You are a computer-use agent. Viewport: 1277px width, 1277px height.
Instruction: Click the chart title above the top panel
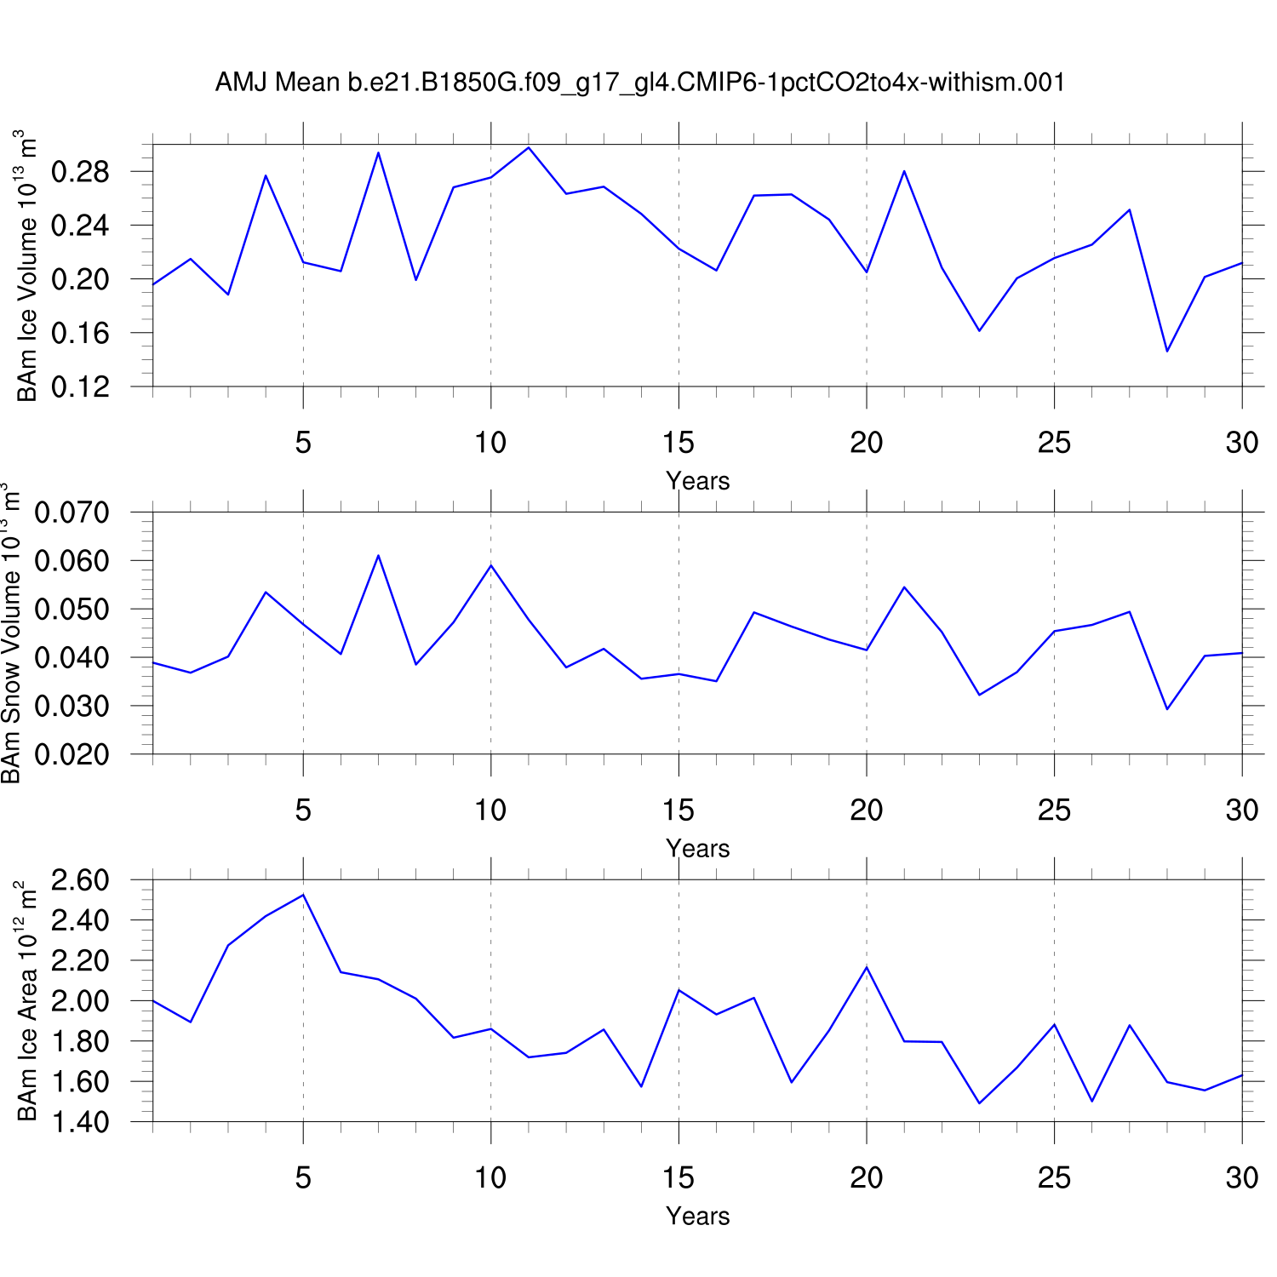pyautogui.click(x=639, y=83)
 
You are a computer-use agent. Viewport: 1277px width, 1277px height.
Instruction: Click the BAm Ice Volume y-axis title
pyautogui.click(x=27, y=266)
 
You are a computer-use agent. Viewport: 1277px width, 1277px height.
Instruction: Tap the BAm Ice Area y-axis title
pyautogui.click(x=27, y=1000)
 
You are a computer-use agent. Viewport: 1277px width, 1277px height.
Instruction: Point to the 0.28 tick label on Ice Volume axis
pyautogui.click(x=80, y=172)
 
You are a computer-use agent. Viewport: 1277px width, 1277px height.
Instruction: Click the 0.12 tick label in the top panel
pyautogui.click(x=80, y=387)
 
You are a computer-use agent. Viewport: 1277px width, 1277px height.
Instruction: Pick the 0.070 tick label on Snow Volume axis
pyautogui.click(x=72, y=513)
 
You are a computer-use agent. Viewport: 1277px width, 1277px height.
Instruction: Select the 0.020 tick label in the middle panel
pyautogui.click(x=72, y=754)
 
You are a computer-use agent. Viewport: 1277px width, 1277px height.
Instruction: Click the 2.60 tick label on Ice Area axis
pyautogui.click(x=80, y=879)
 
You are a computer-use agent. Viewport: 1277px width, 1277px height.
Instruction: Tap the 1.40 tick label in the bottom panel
pyautogui.click(x=80, y=1122)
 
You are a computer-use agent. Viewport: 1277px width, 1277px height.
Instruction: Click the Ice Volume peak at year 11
pyautogui.click(x=529, y=147)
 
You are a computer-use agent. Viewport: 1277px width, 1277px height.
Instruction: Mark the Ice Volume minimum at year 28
pyautogui.click(x=1167, y=351)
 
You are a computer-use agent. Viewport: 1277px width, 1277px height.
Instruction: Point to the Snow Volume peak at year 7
pyautogui.click(x=378, y=555)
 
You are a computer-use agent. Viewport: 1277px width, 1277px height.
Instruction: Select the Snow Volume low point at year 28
pyautogui.click(x=1167, y=709)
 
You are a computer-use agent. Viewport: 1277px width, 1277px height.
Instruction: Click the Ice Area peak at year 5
pyautogui.click(x=303, y=895)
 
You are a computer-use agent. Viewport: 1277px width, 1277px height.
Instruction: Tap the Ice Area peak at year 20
pyautogui.click(x=867, y=967)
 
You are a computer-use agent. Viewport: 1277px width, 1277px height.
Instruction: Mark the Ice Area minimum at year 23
pyautogui.click(x=979, y=1103)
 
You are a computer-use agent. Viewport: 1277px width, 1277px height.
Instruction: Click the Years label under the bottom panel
pyautogui.click(x=697, y=1216)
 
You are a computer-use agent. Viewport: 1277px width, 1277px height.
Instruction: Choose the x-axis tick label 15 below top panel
pyautogui.click(x=679, y=443)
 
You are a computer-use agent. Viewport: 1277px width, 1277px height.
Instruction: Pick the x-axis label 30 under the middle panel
pyautogui.click(x=1242, y=810)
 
